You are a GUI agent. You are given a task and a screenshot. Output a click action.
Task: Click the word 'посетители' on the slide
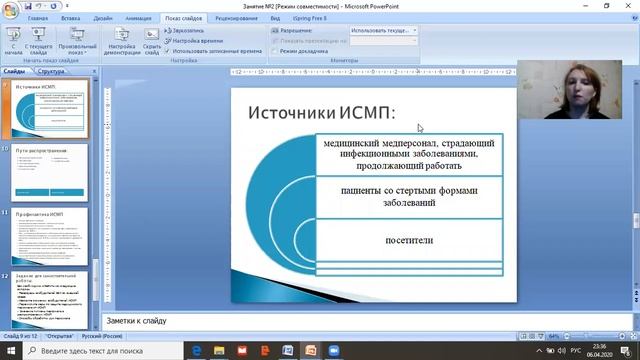pos(409,240)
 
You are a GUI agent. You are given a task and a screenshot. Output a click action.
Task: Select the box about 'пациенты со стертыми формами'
pos(409,196)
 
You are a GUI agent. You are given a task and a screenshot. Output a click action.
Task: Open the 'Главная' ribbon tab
pos(38,18)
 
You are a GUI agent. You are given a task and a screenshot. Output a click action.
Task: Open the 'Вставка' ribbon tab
pos(71,18)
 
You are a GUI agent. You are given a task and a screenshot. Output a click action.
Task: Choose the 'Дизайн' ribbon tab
pos(103,18)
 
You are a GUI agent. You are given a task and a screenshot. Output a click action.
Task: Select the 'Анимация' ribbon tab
pos(139,18)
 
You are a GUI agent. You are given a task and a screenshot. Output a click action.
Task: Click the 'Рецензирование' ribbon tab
pos(236,18)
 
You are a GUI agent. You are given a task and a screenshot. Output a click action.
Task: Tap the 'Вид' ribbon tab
pos(275,18)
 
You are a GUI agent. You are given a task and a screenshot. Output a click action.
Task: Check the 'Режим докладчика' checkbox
pos(275,51)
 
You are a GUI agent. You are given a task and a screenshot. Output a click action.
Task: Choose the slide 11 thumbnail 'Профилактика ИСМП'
pos(51,236)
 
